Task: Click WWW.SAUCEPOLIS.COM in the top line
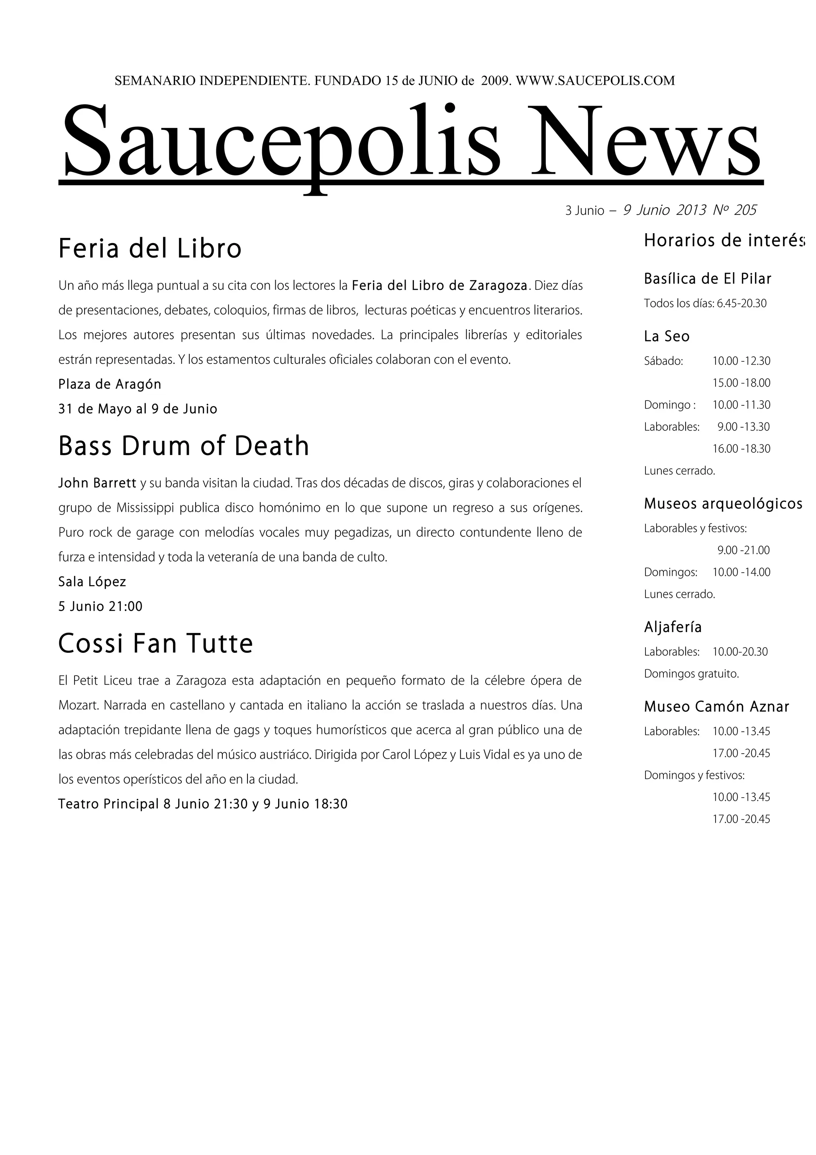(x=595, y=81)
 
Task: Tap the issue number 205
(x=745, y=210)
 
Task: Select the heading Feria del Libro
(x=150, y=249)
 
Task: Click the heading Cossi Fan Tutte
(x=155, y=643)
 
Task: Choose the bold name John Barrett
(x=97, y=483)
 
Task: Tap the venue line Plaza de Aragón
(x=110, y=384)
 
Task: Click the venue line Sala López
(x=92, y=582)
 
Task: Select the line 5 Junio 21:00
(x=100, y=607)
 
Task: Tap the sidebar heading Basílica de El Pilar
(x=707, y=279)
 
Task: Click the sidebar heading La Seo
(x=667, y=336)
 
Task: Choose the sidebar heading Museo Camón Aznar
(x=716, y=707)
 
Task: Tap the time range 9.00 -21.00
(x=743, y=550)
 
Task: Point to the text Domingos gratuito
(x=691, y=674)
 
